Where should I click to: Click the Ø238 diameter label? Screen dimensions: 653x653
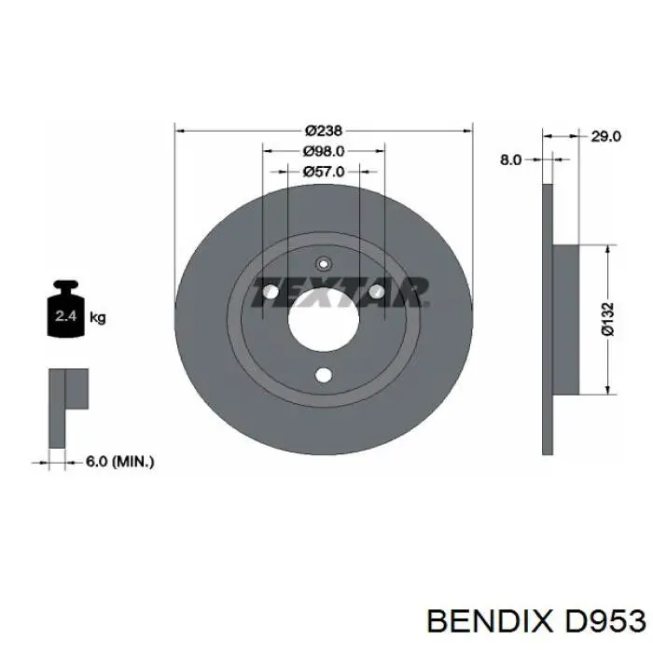point(323,131)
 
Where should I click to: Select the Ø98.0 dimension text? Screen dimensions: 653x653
point(324,151)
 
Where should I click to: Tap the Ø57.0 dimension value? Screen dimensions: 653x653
point(324,171)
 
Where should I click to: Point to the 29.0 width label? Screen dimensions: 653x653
point(606,136)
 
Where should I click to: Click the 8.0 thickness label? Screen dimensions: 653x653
point(510,160)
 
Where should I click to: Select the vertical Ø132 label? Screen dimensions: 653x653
point(607,319)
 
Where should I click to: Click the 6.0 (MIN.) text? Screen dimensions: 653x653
point(120,462)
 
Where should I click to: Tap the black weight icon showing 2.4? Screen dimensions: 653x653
point(66,309)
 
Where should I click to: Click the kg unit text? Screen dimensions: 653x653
point(98,318)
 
